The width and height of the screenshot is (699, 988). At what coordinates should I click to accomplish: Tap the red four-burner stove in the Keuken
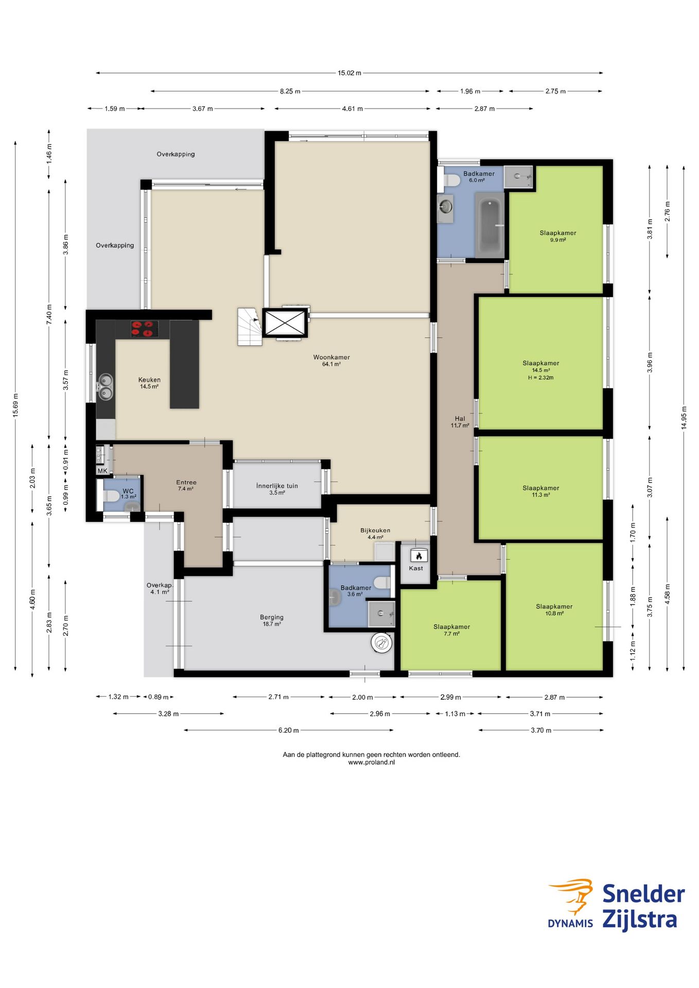pos(144,329)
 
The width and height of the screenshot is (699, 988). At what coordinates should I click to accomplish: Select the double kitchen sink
pos(106,387)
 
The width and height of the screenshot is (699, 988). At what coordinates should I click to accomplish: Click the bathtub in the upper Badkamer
pos(489,225)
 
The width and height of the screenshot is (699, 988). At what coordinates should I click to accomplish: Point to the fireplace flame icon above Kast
pos(418,556)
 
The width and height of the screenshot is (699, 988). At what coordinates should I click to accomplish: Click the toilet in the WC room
pos(111,496)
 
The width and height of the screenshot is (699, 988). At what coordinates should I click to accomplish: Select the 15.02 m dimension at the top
pos(349,73)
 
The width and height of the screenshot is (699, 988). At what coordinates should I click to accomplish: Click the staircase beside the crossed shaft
pos(250,327)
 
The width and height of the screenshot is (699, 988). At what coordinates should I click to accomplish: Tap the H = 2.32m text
pos(540,378)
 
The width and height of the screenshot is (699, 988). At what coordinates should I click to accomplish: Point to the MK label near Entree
pos(102,471)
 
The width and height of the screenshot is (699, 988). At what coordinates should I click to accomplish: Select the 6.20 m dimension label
pos(288,730)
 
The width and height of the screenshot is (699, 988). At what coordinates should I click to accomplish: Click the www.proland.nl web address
pos(371,762)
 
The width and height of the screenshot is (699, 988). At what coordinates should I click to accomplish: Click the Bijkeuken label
pos(375,531)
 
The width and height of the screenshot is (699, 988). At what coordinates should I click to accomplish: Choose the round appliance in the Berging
pos(382,643)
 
